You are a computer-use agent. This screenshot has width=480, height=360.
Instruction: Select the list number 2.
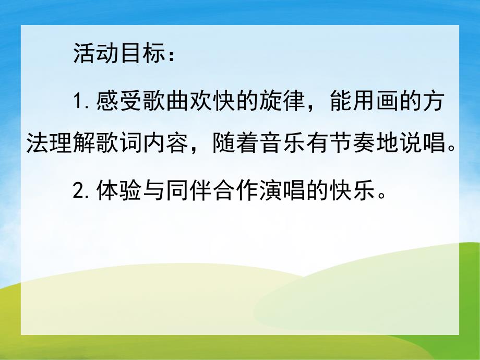[79, 194]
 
